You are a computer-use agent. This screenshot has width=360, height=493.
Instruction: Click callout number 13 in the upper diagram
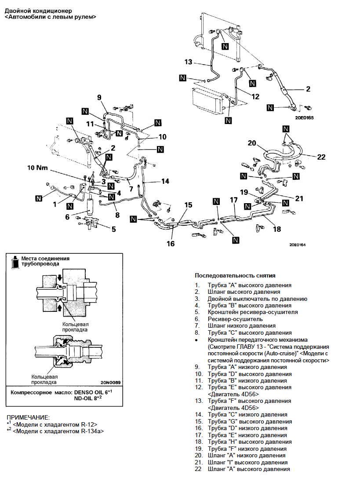(188, 62)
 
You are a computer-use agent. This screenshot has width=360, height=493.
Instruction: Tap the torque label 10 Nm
(37, 168)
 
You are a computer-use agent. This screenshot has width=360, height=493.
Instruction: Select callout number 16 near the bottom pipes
(171, 243)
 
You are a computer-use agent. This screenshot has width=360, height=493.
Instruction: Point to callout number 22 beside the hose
(321, 157)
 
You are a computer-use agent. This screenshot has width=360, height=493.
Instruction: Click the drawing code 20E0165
(304, 118)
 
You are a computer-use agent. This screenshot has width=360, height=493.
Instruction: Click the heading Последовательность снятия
(235, 275)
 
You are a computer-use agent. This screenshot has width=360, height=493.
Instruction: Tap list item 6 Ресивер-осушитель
(229, 319)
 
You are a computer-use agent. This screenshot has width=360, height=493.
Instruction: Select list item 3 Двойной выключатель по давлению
(251, 299)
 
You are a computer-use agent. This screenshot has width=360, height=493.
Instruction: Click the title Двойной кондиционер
(38, 11)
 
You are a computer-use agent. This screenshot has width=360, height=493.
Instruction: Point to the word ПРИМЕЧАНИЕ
(28, 417)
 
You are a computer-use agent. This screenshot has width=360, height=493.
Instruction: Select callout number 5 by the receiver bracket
(114, 229)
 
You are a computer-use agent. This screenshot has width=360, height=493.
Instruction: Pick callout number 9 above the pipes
(99, 98)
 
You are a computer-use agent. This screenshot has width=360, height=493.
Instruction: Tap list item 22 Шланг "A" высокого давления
(243, 469)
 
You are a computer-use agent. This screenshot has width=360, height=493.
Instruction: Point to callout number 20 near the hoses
(252, 143)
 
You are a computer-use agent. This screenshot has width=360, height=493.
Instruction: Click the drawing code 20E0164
(298, 245)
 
